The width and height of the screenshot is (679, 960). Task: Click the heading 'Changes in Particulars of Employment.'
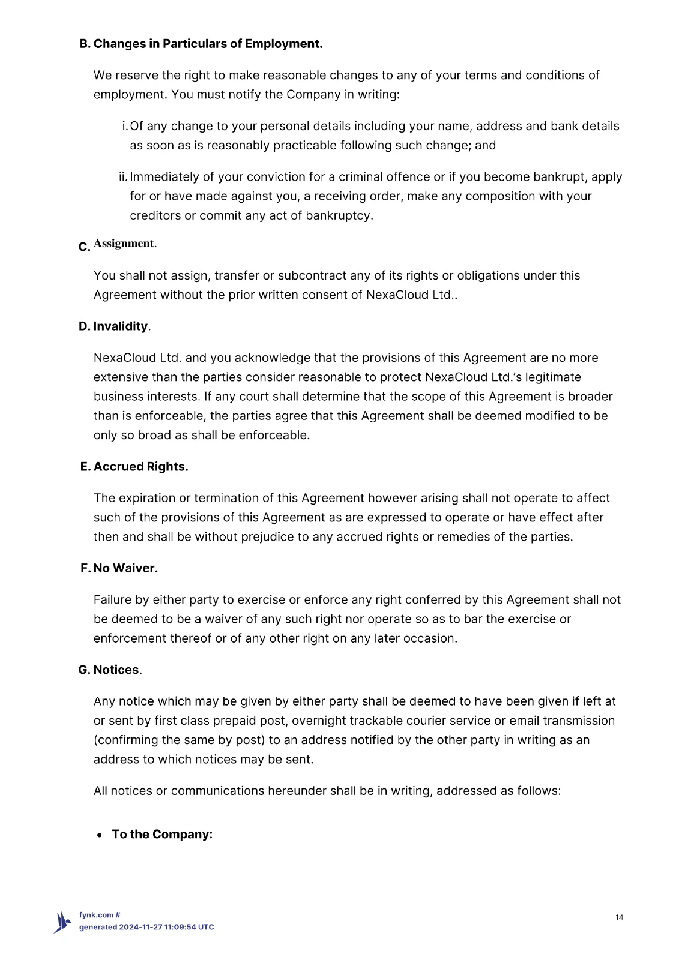tap(208, 44)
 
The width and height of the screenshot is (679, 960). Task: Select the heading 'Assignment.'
tap(125, 244)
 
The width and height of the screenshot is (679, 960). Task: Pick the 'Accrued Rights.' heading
tap(140, 467)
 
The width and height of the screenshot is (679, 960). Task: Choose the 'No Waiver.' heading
tap(125, 568)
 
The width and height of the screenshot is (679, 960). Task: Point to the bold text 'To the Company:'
tap(162, 835)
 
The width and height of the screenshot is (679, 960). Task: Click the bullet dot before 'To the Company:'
tap(100, 835)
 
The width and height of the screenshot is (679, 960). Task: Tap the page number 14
tap(620, 917)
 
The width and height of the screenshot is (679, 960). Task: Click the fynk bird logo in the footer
tap(62, 922)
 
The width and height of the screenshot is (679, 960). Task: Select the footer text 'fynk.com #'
tap(100, 915)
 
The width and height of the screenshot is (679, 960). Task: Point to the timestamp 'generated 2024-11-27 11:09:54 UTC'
tap(146, 927)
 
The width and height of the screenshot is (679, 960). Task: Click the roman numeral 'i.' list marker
tap(124, 126)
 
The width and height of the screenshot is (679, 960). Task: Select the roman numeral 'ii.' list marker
tap(123, 177)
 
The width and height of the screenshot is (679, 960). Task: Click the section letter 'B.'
tap(85, 44)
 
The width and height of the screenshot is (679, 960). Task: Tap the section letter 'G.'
tap(84, 670)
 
